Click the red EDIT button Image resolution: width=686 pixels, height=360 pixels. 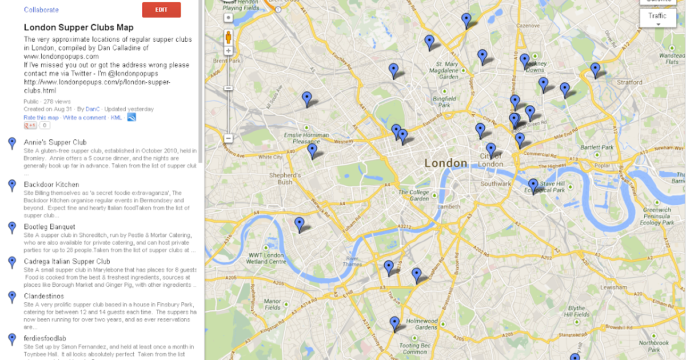[161, 10]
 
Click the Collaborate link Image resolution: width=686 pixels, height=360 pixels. [41, 10]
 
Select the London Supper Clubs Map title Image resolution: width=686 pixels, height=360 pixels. [78, 27]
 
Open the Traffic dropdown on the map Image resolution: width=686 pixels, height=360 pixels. [657, 18]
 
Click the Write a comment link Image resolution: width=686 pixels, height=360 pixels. [85, 117]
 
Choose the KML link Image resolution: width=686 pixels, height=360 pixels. [116, 117]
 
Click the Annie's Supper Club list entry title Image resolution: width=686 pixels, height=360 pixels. [55, 142]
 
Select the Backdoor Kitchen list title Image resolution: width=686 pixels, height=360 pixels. [51, 185]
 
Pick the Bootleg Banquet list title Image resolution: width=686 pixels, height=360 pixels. [50, 227]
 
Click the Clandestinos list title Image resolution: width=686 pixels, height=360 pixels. [44, 296]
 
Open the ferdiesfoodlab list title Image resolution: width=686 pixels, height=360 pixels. [45, 338]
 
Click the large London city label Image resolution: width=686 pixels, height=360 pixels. [446, 163]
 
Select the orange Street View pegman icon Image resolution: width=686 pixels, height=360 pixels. [228, 38]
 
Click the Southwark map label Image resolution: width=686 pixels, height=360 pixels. [496, 184]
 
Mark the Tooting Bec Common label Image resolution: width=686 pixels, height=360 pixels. [414, 349]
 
